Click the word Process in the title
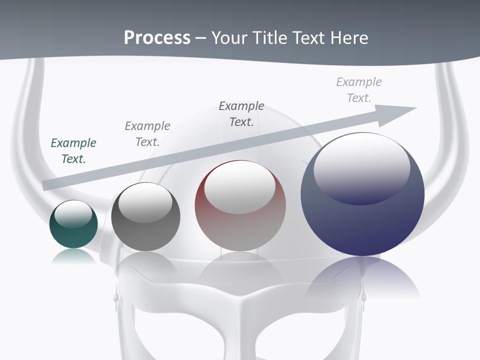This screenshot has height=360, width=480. coord(157,38)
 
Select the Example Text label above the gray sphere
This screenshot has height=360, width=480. coord(147,134)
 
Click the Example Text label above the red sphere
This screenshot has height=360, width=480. coord(241,114)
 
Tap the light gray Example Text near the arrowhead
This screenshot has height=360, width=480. coord(359,90)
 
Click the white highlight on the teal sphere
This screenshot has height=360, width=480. coord(73,214)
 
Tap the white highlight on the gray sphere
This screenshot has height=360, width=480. coord(145,203)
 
